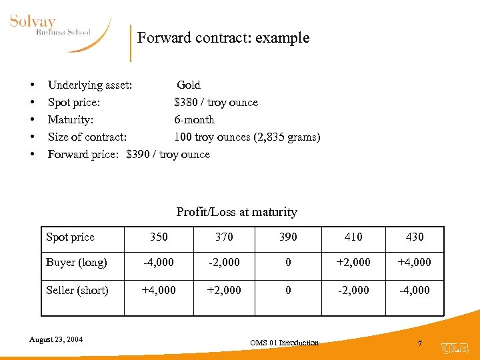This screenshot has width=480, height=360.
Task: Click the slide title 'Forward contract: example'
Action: (223, 37)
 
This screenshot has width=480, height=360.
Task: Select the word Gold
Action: (189, 85)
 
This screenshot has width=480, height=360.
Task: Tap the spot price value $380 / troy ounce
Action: (215, 102)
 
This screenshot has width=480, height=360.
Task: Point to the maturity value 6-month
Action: (194, 119)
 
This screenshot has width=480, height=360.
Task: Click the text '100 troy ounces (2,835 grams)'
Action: (247, 137)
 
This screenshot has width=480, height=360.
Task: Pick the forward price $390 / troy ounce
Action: (167, 154)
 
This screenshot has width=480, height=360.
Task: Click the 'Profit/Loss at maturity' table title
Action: (237, 212)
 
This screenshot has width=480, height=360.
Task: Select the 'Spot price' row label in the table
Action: (70, 237)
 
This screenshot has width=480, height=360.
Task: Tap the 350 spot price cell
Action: (159, 237)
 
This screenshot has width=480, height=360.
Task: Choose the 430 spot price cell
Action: (414, 237)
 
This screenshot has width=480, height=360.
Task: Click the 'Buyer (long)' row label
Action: (76, 262)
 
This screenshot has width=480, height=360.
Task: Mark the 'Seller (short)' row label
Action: (77, 290)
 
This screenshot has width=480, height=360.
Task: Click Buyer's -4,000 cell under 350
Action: (159, 262)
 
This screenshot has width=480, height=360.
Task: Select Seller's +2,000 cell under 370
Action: (224, 290)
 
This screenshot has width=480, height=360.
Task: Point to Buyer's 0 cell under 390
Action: (288, 262)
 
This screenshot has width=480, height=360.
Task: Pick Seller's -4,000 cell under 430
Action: (414, 290)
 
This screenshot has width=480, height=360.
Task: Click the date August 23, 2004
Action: (56, 339)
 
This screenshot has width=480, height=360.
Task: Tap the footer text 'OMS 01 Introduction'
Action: (284, 343)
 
